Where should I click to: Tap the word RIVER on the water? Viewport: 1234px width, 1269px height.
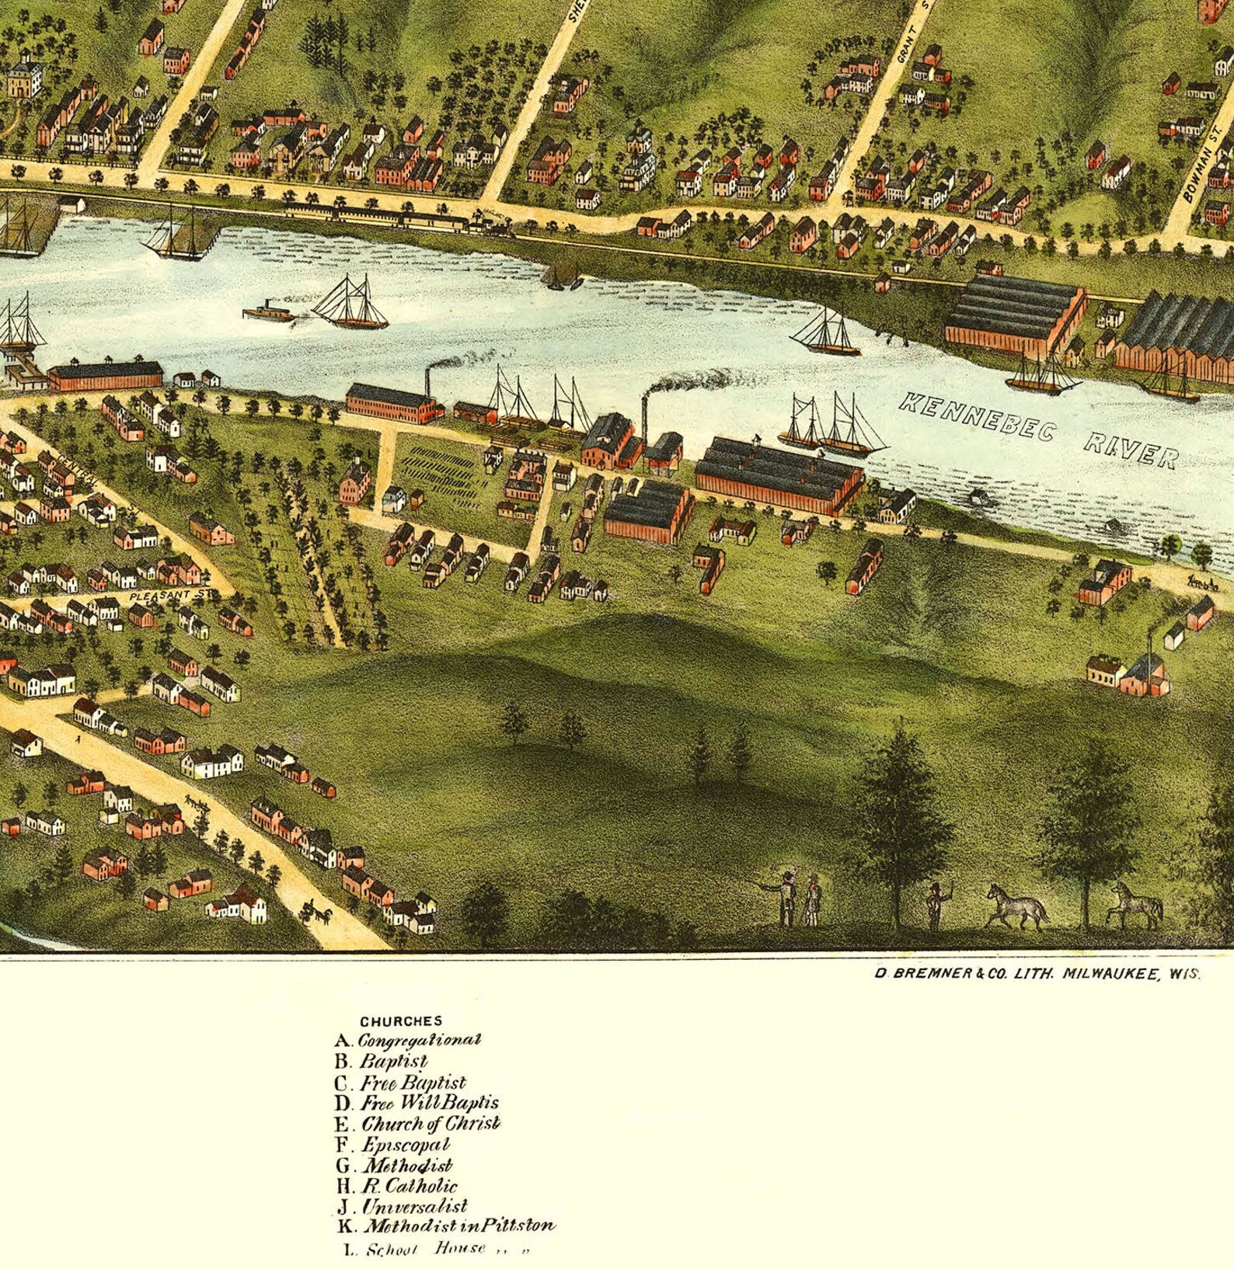pos(1131,451)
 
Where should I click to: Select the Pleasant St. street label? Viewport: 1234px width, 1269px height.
pos(170,596)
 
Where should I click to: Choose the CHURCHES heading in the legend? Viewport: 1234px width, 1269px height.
pos(400,1021)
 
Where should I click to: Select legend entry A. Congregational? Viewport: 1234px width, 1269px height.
pos(408,1040)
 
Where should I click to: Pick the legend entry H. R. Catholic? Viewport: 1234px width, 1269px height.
pos(397,1186)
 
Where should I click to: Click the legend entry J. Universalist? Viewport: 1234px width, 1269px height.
pos(403,1207)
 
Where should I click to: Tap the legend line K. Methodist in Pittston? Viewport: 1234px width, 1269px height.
pos(446,1226)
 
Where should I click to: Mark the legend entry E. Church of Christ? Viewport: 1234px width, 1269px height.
pos(418,1124)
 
